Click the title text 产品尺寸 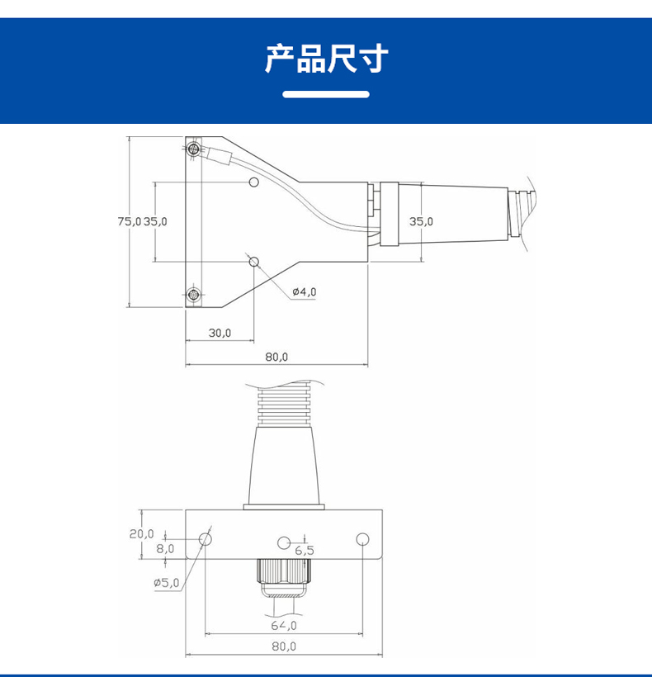[326, 59]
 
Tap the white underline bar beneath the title [326, 94]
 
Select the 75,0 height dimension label [130, 221]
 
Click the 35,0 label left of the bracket [156, 221]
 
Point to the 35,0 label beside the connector [421, 221]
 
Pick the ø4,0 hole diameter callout [304, 291]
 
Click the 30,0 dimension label [220, 333]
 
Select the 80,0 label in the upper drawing [276, 357]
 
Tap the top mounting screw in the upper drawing [193, 149]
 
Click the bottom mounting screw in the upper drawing [193, 294]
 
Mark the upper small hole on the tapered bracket [254, 182]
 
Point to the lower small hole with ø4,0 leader [254, 262]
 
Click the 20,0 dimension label [141, 533]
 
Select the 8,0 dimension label [165, 548]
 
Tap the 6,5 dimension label [304, 551]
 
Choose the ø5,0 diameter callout [166, 583]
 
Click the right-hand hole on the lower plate [361, 539]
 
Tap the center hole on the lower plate [283, 542]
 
